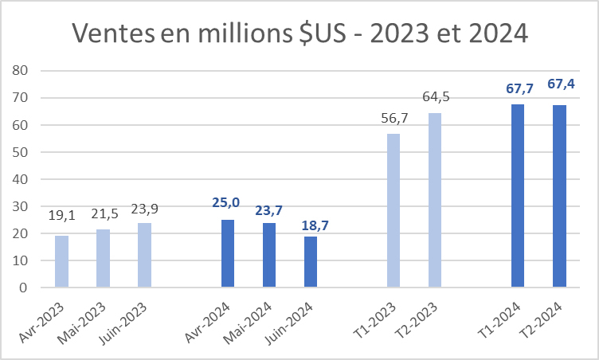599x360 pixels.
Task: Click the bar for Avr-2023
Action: coord(61,261)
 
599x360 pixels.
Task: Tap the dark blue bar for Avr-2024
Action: coord(227,253)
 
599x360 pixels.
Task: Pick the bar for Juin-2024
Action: coord(310,262)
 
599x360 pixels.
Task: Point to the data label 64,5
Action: coord(435,97)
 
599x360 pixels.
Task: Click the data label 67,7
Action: coord(518,88)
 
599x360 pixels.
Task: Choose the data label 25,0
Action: coord(227,204)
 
